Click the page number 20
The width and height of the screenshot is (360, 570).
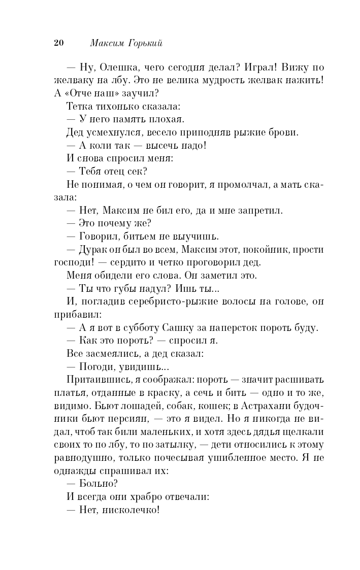[x=58, y=43]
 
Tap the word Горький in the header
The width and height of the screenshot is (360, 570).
[x=145, y=44]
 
